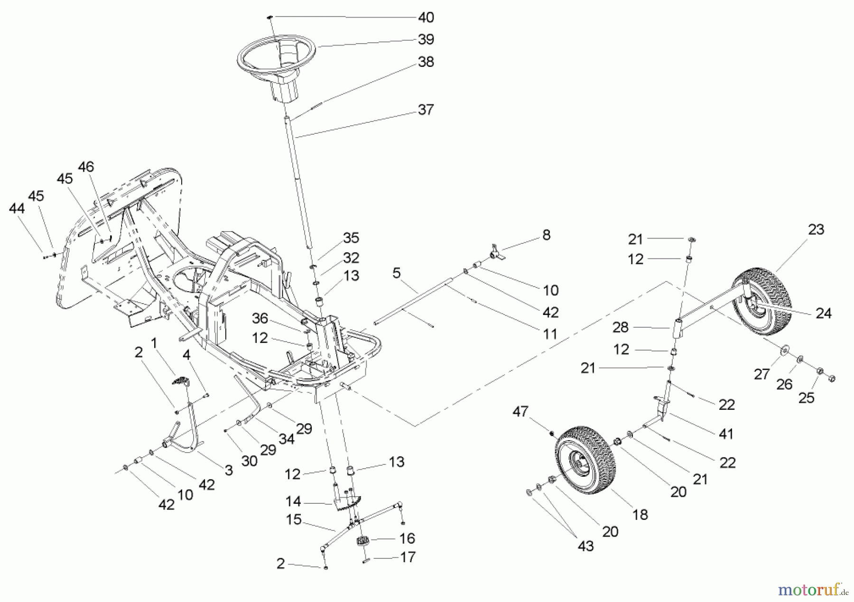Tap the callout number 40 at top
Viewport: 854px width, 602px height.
[x=426, y=18]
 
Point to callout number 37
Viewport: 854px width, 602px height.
[x=426, y=110]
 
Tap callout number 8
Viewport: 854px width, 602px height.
[x=546, y=235]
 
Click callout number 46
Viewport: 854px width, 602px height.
[x=86, y=167]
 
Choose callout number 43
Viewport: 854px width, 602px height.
[x=585, y=546]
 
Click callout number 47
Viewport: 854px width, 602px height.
[x=520, y=411]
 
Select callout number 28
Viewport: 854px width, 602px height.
[x=620, y=327]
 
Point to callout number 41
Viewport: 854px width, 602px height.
[x=726, y=434]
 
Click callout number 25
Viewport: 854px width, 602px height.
[x=806, y=398]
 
